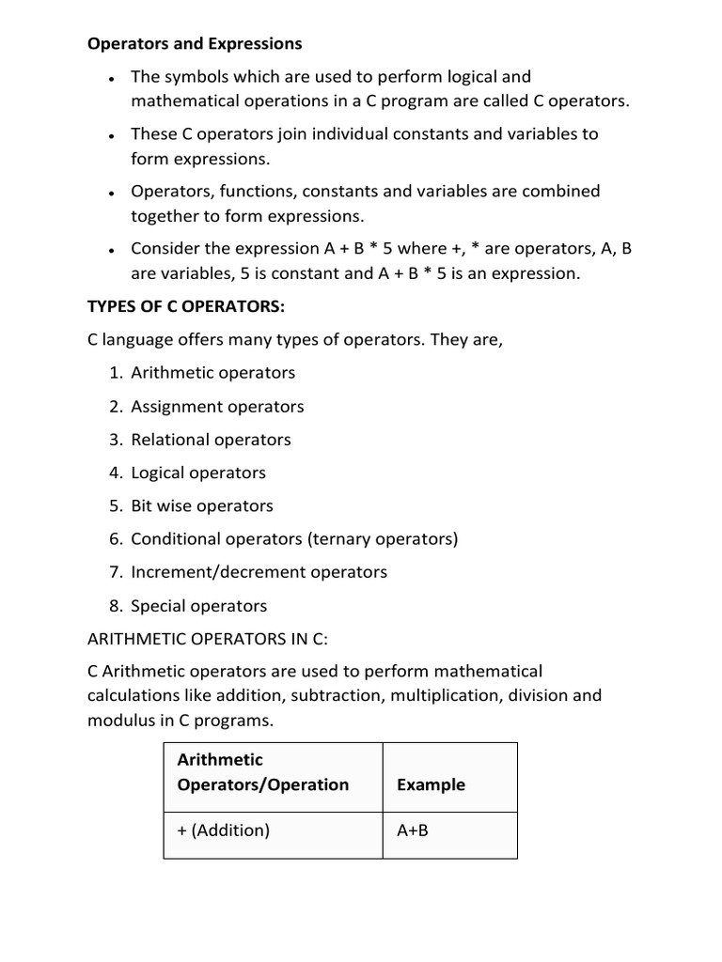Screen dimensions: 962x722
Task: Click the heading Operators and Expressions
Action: [x=195, y=43]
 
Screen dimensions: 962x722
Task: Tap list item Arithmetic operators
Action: [x=212, y=373]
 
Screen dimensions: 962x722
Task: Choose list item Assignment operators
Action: [x=217, y=407]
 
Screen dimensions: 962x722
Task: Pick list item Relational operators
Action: [x=211, y=440]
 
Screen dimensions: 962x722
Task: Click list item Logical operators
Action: [x=198, y=473]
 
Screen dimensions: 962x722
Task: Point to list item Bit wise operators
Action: [x=202, y=505]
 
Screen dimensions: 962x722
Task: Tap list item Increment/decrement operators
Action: [x=259, y=572]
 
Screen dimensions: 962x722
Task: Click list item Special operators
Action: [x=199, y=606]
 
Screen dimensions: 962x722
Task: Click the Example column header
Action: [x=431, y=784]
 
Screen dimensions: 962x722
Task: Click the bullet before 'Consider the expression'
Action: [x=111, y=251]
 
